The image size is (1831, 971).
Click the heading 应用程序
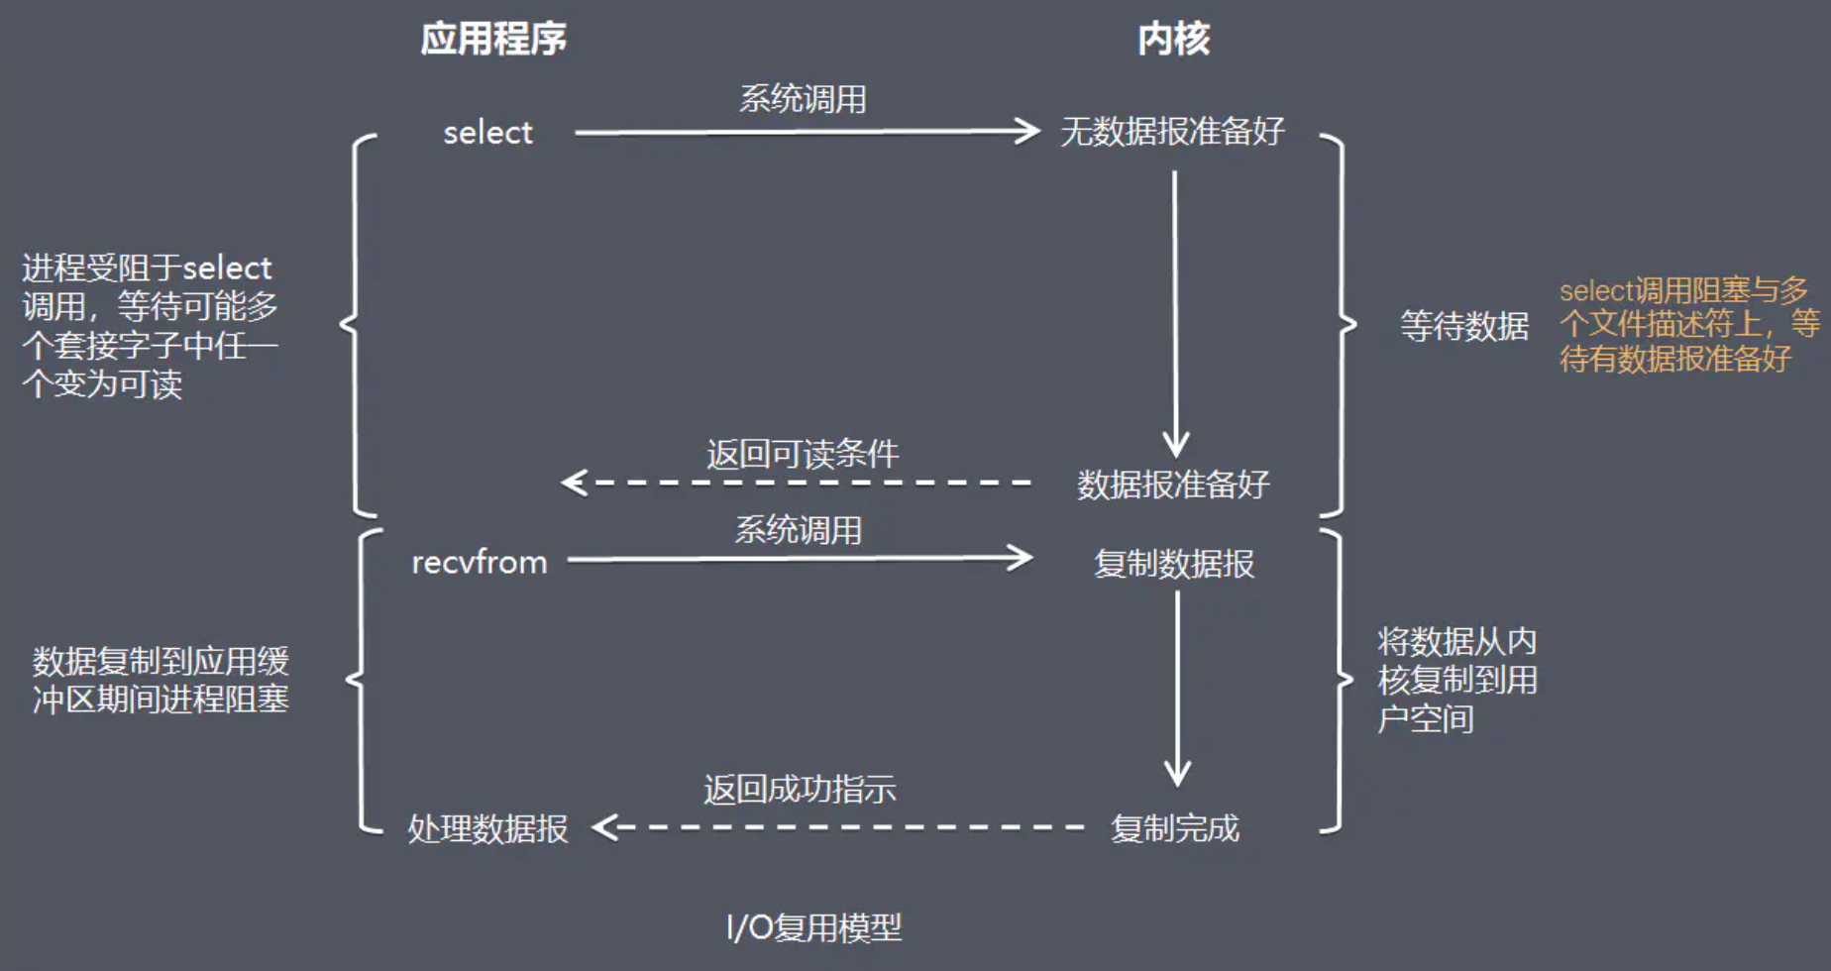[493, 39]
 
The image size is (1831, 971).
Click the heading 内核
[1174, 39]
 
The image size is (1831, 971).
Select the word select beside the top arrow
[487, 132]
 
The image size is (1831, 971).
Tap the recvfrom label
[480, 562]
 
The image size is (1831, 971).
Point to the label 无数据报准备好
[1173, 131]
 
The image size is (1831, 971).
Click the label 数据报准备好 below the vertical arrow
[1174, 484]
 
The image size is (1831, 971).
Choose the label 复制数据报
[1174, 563]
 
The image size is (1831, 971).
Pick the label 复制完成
[1175, 827]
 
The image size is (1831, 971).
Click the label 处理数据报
[488, 828]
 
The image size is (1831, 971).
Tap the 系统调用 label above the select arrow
[803, 99]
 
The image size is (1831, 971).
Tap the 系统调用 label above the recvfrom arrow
[798, 530]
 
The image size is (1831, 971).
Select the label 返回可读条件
[803, 454]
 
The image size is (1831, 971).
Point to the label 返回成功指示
[800, 789]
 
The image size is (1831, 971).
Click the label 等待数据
[1464, 325]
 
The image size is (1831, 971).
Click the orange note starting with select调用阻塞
[1689, 324]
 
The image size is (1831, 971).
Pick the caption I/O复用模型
[814, 927]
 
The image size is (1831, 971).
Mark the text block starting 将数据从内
[1456, 680]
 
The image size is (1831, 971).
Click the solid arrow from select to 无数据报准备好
[808, 131]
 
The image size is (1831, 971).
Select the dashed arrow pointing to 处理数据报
[839, 827]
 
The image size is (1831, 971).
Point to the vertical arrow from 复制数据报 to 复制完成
[1177, 689]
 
